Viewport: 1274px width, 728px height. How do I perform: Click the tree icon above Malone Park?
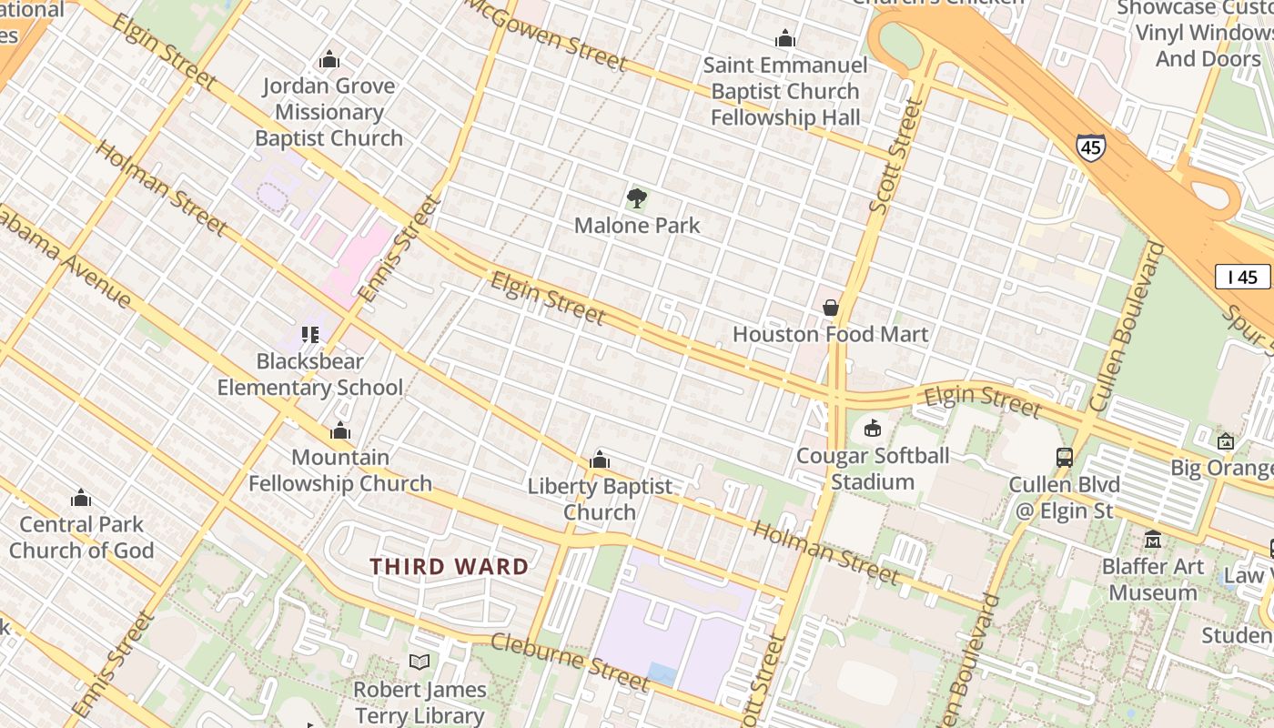pyautogui.click(x=637, y=198)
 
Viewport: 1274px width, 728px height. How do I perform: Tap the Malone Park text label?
pyautogui.click(x=637, y=225)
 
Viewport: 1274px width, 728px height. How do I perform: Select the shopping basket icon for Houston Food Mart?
pyautogui.click(x=830, y=308)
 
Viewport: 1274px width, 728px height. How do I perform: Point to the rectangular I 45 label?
pyautogui.click(x=1242, y=277)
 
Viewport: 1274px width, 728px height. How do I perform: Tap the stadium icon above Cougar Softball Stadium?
pyautogui.click(x=872, y=428)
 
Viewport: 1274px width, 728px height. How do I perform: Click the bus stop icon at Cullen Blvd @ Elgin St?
pyautogui.click(x=1064, y=457)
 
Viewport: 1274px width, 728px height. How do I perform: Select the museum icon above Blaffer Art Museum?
pyautogui.click(x=1153, y=539)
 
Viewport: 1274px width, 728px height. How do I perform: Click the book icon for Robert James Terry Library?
pyautogui.click(x=420, y=662)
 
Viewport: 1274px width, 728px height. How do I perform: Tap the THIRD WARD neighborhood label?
pyautogui.click(x=449, y=566)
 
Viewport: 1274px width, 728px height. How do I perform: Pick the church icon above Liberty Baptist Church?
pyautogui.click(x=599, y=460)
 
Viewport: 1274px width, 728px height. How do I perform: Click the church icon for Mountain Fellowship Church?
pyautogui.click(x=340, y=430)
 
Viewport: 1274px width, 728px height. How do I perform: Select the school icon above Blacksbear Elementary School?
pyautogui.click(x=309, y=335)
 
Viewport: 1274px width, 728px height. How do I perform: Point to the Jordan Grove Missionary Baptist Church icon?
pyautogui.click(x=329, y=59)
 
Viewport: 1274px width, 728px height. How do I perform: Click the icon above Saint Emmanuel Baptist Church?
pyautogui.click(x=784, y=38)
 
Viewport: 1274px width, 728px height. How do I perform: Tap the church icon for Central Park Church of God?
pyautogui.click(x=81, y=498)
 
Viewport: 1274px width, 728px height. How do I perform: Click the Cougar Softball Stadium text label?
pyautogui.click(x=872, y=469)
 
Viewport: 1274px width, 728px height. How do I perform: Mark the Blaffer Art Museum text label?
pyautogui.click(x=1152, y=580)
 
